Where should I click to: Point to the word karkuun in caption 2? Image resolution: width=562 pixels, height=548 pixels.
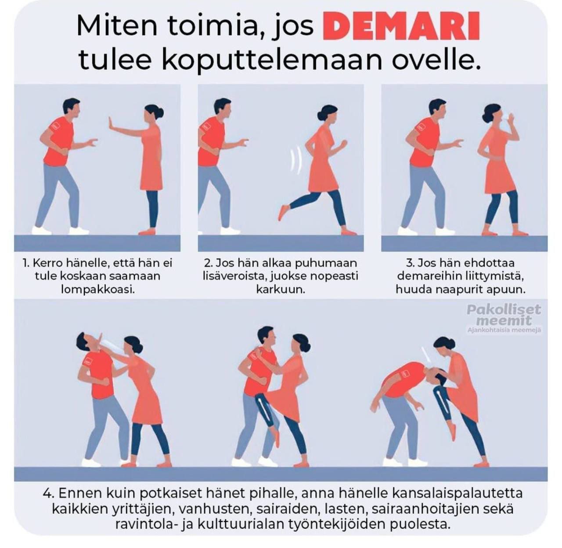281,289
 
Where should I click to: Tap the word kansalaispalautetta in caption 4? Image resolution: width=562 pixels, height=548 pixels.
457,493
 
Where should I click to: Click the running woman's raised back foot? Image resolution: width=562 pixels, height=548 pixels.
283,213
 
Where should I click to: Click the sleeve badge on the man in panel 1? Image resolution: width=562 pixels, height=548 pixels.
56,126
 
